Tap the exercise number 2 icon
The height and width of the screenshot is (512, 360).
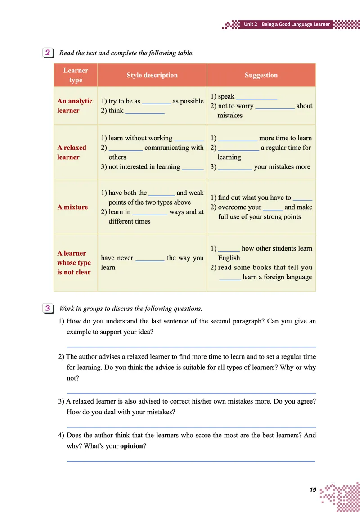[48, 53]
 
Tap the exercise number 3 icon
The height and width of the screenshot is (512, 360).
[48, 308]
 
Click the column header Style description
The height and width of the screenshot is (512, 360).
[152, 75]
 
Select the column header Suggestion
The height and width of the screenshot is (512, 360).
[261, 75]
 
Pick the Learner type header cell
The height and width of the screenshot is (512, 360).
[76, 75]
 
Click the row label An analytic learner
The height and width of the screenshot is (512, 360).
[75, 106]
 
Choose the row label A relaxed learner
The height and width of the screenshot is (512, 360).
[72, 152]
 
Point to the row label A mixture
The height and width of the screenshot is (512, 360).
[72, 207]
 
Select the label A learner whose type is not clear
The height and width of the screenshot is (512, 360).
[74, 263]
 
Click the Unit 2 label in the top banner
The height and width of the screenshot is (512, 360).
[251, 24]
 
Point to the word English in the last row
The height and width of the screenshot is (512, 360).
[229, 258]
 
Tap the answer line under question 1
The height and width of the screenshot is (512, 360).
[191, 346]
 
